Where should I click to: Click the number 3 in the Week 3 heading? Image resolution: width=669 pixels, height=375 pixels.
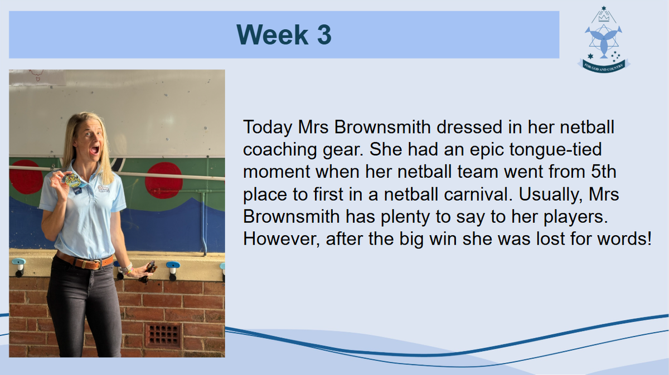(x=324, y=35)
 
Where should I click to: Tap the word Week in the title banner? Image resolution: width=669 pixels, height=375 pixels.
(x=273, y=35)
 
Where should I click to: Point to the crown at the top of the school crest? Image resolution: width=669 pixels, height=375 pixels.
(x=604, y=18)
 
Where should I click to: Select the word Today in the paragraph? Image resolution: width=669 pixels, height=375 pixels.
(x=268, y=128)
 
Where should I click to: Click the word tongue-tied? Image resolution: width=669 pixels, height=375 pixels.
(x=555, y=150)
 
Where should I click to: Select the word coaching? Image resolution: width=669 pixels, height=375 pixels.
(x=279, y=150)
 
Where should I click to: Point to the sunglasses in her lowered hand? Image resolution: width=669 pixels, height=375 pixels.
(x=148, y=272)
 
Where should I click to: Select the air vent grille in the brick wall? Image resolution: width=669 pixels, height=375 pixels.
(x=163, y=335)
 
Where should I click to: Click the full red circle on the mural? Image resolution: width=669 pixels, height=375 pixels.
(x=164, y=181)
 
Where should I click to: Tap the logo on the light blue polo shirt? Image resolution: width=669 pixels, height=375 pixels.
(x=104, y=189)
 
